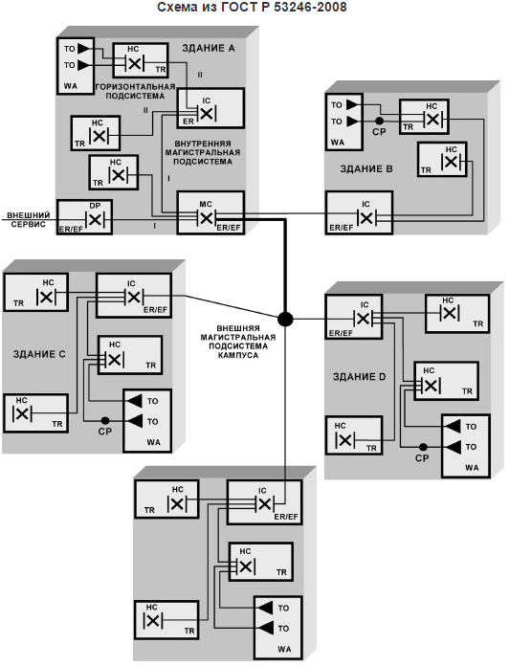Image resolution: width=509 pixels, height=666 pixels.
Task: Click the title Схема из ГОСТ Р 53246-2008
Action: pos(254,8)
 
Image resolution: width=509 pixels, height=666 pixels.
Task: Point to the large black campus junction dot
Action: pos(285,318)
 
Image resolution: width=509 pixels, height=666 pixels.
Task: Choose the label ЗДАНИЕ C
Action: pos(39,354)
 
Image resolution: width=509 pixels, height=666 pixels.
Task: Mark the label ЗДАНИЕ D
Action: pos(365,376)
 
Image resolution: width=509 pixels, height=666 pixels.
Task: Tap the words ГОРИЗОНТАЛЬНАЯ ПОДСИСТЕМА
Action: pos(134,91)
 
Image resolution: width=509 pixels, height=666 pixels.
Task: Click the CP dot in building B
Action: pos(380,122)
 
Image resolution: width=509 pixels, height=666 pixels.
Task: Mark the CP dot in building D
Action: pos(421,446)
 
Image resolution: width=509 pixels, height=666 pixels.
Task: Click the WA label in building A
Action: pos(71,85)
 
